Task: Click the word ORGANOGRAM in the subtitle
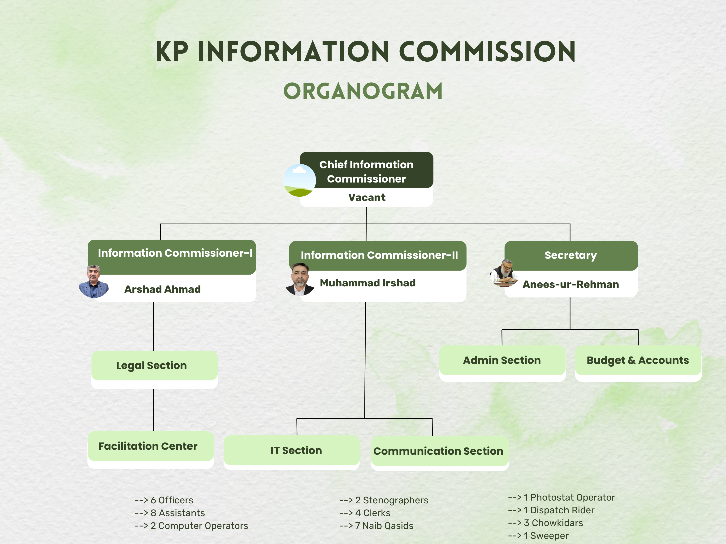click(x=363, y=91)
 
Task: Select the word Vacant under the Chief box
click(x=367, y=197)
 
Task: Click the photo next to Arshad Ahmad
click(x=94, y=281)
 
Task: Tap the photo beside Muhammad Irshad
click(x=300, y=279)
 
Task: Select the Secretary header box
click(x=571, y=256)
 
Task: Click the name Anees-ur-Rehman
click(x=570, y=284)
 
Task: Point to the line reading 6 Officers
click(x=164, y=500)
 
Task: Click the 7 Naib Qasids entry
click(x=376, y=526)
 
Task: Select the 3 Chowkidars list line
click(x=545, y=523)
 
